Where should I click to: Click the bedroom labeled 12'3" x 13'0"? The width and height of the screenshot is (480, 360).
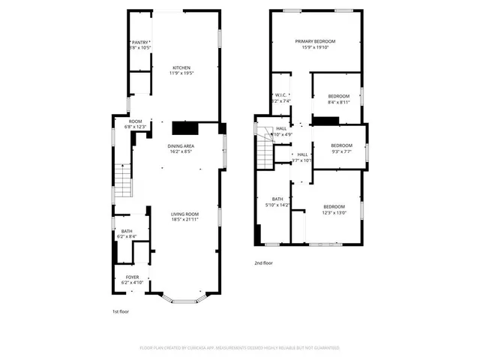(334, 209)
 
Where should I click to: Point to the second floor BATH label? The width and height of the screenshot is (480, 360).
(277, 202)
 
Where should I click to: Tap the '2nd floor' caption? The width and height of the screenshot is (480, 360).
(263, 263)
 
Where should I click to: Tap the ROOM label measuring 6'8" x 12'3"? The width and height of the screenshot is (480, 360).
(135, 124)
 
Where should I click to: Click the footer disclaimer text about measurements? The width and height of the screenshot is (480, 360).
(240, 348)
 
